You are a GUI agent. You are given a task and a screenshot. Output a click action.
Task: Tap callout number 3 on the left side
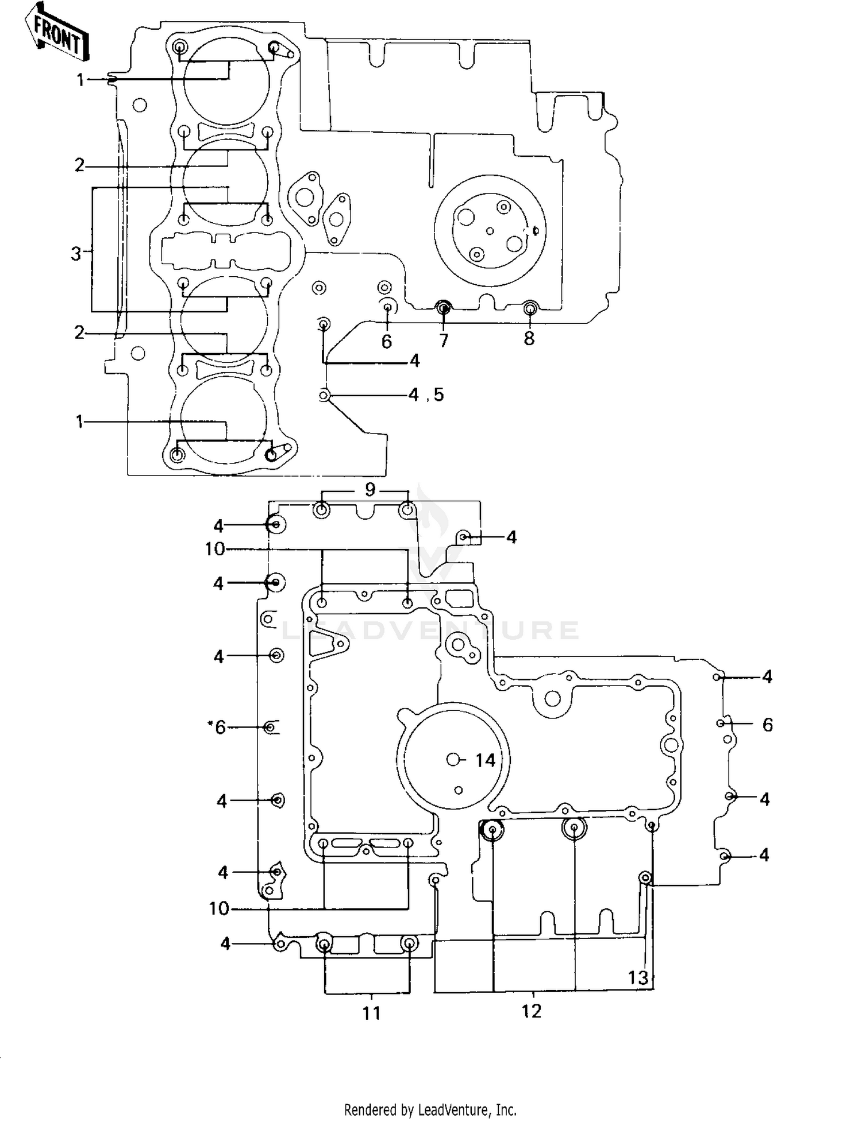click(76, 253)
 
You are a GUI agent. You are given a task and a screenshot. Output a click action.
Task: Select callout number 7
click(443, 341)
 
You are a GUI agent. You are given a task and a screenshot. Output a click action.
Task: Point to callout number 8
click(529, 338)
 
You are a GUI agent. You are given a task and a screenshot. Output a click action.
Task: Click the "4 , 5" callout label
click(426, 394)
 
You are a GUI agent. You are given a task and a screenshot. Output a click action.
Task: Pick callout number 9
click(370, 489)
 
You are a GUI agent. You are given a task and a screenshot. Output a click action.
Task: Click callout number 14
click(485, 760)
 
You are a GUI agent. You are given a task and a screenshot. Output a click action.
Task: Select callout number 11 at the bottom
click(372, 1013)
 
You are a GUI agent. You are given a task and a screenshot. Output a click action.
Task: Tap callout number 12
click(532, 1011)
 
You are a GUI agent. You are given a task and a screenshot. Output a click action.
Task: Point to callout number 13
click(638, 977)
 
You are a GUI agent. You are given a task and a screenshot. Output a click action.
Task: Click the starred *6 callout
click(217, 728)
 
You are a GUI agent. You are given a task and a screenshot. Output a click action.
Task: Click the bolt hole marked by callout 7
click(442, 308)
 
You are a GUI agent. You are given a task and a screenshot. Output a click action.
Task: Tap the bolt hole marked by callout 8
click(530, 309)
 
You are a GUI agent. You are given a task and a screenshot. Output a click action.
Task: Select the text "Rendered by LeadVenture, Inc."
click(430, 1109)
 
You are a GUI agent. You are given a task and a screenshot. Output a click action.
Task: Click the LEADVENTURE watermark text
click(430, 630)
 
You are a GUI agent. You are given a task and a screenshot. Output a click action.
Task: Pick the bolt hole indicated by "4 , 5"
click(325, 395)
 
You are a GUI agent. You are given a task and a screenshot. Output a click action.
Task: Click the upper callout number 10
click(215, 549)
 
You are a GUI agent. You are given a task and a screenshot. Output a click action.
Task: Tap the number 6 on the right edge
click(768, 725)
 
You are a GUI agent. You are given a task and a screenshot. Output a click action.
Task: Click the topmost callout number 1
click(80, 80)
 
